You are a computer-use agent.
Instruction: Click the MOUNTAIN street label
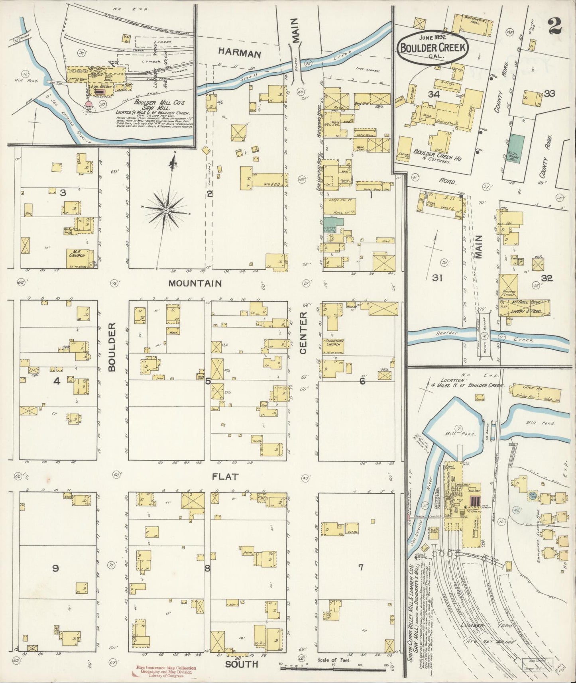pos(195,283)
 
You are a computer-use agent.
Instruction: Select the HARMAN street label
pos(239,54)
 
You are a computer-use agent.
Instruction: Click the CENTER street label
pos(303,333)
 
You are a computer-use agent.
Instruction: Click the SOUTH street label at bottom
pos(242,664)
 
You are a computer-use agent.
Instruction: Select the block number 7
pos(360,567)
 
